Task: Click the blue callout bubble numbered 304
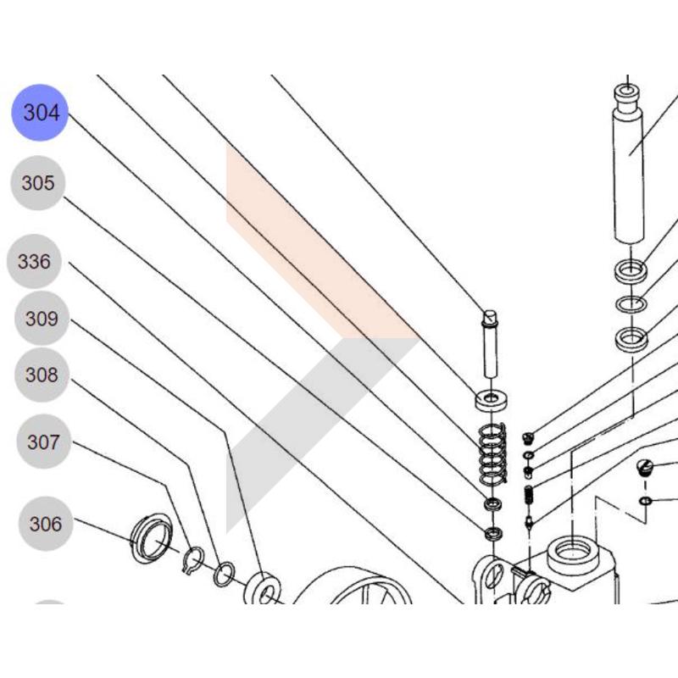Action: pyautogui.click(x=40, y=113)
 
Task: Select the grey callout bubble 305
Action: pyautogui.click(x=38, y=183)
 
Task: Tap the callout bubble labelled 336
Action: pyautogui.click(x=35, y=262)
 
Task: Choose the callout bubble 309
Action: pyautogui.click(x=42, y=319)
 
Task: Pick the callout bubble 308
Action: pyautogui.click(x=42, y=375)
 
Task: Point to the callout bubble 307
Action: pyautogui.click(x=44, y=442)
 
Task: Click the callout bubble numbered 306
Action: pyautogui.click(x=46, y=524)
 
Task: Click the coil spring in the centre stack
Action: pyautogui.click(x=492, y=453)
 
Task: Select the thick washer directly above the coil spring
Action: pyautogui.click(x=492, y=400)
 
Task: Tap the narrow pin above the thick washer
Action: pyautogui.click(x=490, y=344)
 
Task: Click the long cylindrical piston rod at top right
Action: pyautogui.click(x=628, y=164)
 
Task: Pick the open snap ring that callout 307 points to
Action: pyautogui.click(x=193, y=560)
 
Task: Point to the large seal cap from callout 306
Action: pyautogui.click(x=152, y=537)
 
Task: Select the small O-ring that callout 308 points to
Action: pyautogui.click(x=225, y=575)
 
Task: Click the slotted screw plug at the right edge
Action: pyautogui.click(x=646, y=468)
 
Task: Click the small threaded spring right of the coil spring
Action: pyautogui.click(x=528, y=495)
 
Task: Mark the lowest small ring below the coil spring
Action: pyautogui.click(x=492, y=534)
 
